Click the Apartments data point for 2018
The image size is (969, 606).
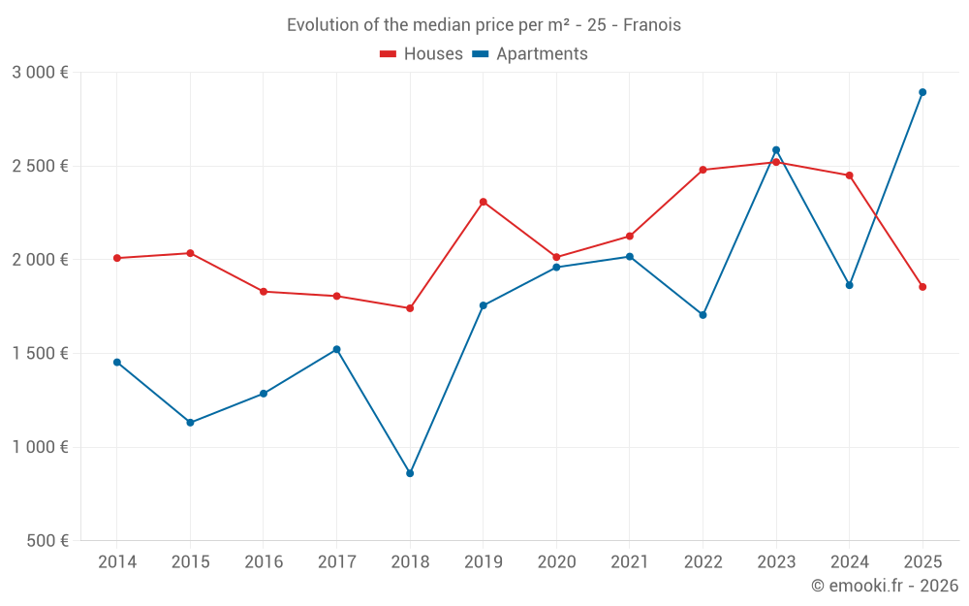pos(410,473)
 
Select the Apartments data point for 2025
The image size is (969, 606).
pos(922,92)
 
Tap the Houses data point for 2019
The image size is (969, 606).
pos(484,202)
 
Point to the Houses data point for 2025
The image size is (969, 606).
pos(922,287)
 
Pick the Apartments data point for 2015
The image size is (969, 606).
pos(190,423)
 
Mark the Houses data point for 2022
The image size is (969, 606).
pos(703,170)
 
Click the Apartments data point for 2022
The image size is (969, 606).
pos(703,315)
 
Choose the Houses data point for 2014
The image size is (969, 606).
pos(117,258)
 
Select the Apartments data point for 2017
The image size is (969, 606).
pos(336,349)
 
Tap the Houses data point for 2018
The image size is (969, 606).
pos(410,308)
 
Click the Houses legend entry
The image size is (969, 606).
pos(422,54)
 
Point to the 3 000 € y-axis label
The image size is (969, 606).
pos(40,73)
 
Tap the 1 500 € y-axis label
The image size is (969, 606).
pos(40,354)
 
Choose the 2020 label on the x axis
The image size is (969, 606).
pos(556,562)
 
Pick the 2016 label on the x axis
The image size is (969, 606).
pos(264,562)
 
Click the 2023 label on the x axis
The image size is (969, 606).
pos(776,562)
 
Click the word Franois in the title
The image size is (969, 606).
pos(652,25)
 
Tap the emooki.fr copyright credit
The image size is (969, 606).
pos(885,586)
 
